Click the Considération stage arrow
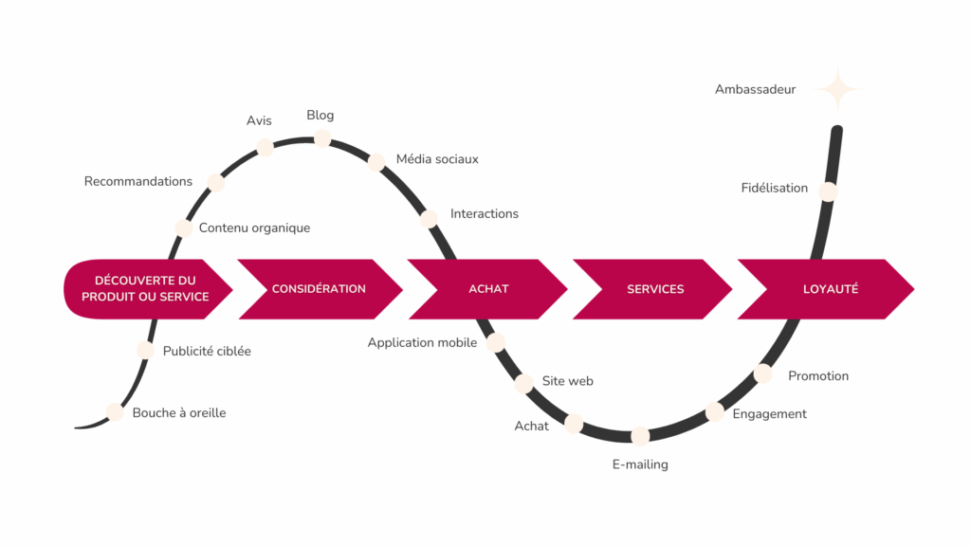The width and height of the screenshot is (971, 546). [x=318, y=288]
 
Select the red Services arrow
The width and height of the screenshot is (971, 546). [x=654, y=288]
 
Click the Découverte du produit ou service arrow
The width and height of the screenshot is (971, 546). [x=145, y=288]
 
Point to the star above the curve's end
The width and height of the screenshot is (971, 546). [x=837, y=91]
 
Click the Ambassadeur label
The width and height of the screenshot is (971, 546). [x=755, y=89]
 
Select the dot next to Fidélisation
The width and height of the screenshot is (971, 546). [x=828, y=191]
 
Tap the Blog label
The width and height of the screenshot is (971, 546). [x=321, y=116]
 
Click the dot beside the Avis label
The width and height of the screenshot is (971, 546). [x=266, y=147]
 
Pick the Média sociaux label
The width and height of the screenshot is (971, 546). [x=437, y=158]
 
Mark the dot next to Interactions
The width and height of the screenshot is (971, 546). [x=429, y=219]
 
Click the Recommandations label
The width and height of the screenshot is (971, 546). [x=138, y=181]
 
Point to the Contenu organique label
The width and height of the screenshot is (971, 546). [x=254, y=227]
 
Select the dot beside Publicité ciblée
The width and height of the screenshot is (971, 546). [x=145, y=350]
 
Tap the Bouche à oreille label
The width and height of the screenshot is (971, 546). [x=179, y=412]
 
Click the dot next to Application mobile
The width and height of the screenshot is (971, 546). [x=495, y=342]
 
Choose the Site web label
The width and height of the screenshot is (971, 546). [x=568, y=381]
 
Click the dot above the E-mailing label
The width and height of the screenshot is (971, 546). [x=640, y=436]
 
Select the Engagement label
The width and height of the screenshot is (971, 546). [x=770, y=413]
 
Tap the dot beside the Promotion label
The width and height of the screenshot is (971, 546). [x=763, y=374]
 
